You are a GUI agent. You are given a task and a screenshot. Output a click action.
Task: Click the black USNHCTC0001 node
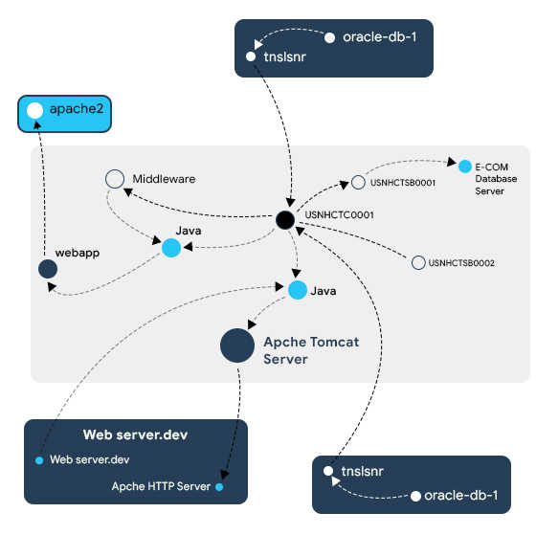point(285,220)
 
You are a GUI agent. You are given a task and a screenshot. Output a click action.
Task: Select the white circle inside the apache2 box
point(34,110)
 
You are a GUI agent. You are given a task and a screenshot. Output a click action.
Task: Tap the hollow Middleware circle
point(115,179)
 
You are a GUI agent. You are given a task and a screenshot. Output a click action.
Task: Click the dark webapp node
point(48,269)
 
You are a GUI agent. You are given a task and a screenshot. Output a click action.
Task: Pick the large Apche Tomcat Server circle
point(237,346)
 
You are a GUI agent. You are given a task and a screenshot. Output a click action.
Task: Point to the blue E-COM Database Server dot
point(465,167)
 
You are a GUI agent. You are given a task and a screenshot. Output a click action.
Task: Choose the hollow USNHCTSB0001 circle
point(358,182)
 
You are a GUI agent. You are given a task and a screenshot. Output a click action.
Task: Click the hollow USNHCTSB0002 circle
point(418,262)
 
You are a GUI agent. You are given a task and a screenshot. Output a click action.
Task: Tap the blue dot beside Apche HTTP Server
point(219,487)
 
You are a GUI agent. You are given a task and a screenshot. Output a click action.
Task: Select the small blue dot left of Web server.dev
point(39,460)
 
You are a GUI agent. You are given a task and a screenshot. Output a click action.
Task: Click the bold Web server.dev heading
point(135,435)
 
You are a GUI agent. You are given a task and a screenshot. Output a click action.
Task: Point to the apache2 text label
point(77,109)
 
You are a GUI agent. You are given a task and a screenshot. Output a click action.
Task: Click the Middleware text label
point(164,179)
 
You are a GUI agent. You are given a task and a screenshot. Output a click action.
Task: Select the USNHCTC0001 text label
point(340,215)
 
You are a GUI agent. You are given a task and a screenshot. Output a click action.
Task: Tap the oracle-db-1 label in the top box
point(380,37)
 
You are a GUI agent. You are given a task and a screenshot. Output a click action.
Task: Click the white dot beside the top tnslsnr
point(251,56)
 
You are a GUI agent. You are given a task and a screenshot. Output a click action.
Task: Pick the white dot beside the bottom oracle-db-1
point(415,497)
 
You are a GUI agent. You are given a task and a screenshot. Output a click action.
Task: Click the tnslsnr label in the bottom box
point(363,472)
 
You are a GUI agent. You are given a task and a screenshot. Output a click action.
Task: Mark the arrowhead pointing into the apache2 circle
point(37,124)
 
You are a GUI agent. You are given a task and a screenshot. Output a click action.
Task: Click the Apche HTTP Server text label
point(161,486)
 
